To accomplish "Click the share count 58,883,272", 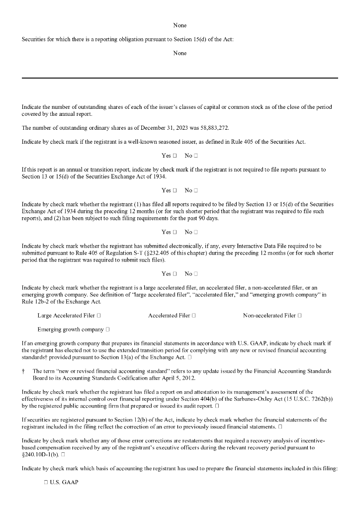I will [x=211, y=128].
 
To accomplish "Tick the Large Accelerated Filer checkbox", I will [x=99, y=316].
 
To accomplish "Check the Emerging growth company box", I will [x=108, y=330].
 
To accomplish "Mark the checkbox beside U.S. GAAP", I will [x=45, y=483].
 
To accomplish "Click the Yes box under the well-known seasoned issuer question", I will [x=175, y=156].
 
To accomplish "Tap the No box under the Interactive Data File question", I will [x=196, y=274].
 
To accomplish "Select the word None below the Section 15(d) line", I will [x=180, y=53].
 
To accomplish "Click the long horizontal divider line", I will [x=180, y=78].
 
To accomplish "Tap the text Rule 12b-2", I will [x=36, y=302].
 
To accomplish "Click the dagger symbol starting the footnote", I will [x=23, y=371].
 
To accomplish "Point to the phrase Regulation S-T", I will [x=129, y=253].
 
